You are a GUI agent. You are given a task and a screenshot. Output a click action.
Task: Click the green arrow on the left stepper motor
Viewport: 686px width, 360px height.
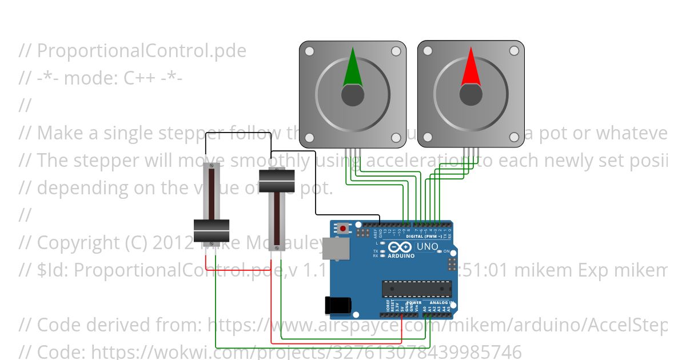point(352,70)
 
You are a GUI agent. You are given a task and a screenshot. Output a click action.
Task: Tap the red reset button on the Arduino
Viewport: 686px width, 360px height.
point(342,229)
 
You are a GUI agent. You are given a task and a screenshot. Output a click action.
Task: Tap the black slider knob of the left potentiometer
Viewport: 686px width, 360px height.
point(212,231)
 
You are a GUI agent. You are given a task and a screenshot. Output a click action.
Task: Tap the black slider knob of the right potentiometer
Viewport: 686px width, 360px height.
point(277,181)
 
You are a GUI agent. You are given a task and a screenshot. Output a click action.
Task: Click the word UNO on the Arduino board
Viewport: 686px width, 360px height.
point(428,247)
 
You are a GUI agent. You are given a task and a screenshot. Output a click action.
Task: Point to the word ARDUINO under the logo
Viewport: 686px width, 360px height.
point(401,255)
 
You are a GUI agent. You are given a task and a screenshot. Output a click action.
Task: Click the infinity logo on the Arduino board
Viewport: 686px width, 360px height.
point(401,246)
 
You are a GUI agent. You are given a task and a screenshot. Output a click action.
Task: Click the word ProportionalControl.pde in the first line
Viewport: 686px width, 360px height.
point(142,51)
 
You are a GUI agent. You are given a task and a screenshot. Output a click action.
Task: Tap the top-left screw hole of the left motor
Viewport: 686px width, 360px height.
point(309,51)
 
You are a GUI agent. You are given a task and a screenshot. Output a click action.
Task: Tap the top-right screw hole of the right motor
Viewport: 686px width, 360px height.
point(514,51)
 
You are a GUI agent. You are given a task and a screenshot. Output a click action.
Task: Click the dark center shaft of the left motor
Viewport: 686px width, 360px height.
point(352,95)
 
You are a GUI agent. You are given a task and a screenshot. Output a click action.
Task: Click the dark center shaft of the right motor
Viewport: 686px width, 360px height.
point(470,95)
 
